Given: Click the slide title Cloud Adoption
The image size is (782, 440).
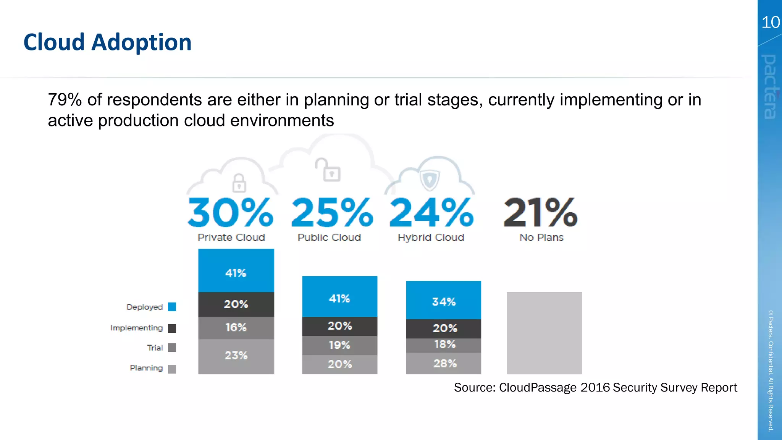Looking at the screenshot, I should tap(107, 42).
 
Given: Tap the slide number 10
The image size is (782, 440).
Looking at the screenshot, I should tap(770, 22).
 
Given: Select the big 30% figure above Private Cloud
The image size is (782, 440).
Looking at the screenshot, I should tap(231, 212).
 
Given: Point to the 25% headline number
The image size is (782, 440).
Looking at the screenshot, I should tap(332, 212).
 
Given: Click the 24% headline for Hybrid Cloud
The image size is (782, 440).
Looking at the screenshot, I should tap(431, 212).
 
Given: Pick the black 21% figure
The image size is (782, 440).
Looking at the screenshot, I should tap(540, 212).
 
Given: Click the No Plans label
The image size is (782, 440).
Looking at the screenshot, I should tap(541, 238).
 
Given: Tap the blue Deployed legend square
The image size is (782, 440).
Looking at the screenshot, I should tap(172, 307).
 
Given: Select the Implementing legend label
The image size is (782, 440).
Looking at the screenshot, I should tap(137, 328).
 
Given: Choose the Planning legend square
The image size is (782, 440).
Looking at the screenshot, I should tap(172, 369).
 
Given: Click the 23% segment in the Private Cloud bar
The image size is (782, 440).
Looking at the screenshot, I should tap(236, 356).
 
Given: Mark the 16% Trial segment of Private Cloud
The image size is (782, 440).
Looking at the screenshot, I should tap(236, 328).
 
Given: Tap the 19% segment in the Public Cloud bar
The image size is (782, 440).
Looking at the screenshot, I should tap(339, 345).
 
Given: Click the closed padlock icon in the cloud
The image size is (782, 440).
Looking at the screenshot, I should tap(239, 183).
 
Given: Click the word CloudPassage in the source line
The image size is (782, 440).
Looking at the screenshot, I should tap(538, 388).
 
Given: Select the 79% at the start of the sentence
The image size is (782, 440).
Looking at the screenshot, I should tap(65, 100).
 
